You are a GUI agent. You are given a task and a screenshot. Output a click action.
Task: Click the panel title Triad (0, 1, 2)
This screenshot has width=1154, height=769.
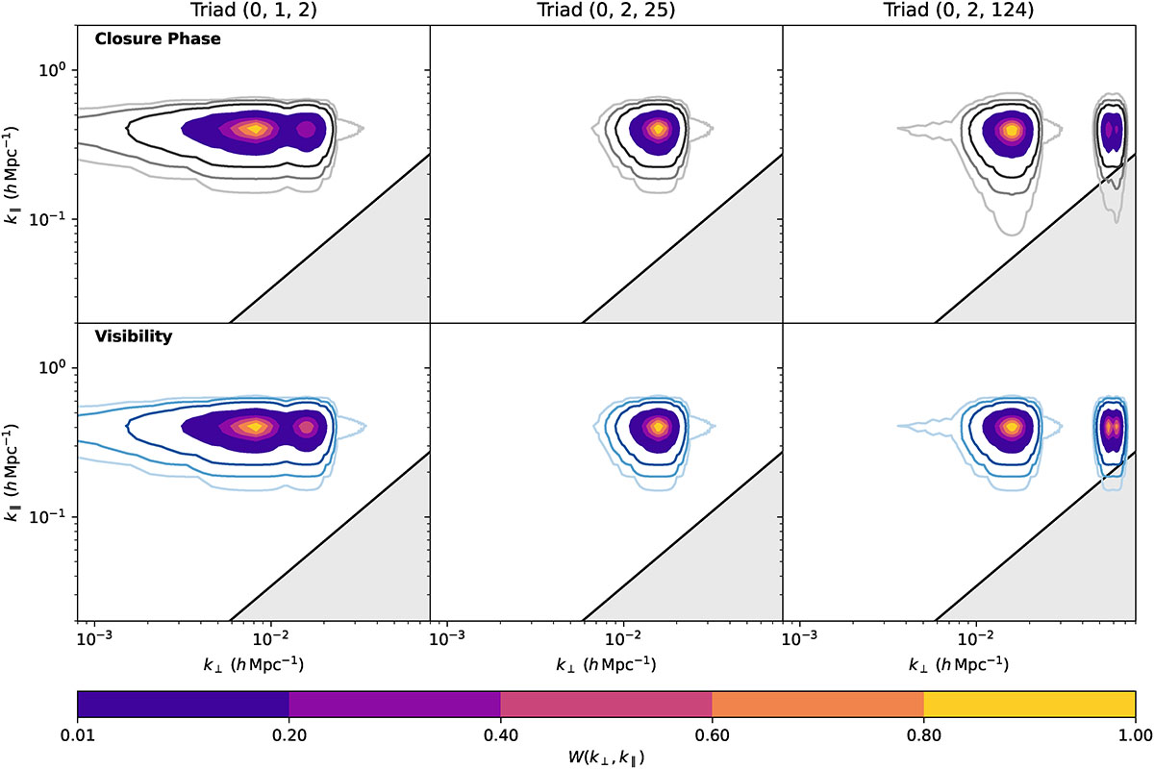click(x=254, y=11)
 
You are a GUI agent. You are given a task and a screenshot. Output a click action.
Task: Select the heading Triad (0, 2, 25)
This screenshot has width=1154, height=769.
click(x=606, y=11)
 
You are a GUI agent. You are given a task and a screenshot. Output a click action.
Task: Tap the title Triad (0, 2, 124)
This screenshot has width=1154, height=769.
click(x=959, y=11)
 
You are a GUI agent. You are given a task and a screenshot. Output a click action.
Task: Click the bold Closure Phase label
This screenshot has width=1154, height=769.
click(x=158, y=38)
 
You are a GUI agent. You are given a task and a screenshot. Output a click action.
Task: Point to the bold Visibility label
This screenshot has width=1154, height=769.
click(x=134, y=336)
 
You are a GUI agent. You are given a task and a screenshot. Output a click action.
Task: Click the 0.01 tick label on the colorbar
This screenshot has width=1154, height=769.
click(x=77, y=735)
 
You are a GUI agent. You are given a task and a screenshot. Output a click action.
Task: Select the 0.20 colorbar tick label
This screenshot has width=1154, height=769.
click(x=289, y=735)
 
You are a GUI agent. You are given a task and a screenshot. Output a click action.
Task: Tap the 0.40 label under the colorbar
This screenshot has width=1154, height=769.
click(x=501, y=735)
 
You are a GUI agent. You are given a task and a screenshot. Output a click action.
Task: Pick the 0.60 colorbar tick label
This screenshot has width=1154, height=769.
click(x=712, y=735)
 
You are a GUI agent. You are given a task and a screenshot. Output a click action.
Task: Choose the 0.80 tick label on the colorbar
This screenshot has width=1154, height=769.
click(x=924, y=735)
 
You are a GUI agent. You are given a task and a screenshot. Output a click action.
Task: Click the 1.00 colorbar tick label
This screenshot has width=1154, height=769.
click(x=1136, y=735)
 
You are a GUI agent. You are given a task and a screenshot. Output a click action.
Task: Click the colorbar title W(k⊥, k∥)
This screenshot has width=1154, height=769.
click(x=607, y=757)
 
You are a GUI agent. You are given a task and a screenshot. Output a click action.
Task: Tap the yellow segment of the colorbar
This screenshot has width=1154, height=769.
click(x=1029, y=704)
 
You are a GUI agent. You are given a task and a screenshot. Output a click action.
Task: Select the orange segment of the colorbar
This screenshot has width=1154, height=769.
click(x=817, y=704)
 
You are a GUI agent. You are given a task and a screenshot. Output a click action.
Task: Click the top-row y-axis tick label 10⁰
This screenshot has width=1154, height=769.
click(x=53, y=69)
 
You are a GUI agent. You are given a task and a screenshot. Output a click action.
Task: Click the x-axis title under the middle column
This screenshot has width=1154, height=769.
click(x=606, y=664)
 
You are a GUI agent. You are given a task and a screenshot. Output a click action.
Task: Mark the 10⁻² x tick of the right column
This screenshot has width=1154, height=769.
click(x=976, y=638)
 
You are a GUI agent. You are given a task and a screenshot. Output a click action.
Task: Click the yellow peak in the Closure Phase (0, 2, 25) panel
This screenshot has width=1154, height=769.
click(x=658, y=129)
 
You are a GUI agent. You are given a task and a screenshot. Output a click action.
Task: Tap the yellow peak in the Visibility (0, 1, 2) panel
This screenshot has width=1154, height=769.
click(x=256, y=427)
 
